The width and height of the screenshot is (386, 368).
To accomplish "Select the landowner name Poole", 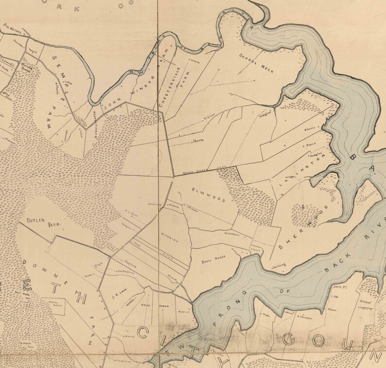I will (309, 145).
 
